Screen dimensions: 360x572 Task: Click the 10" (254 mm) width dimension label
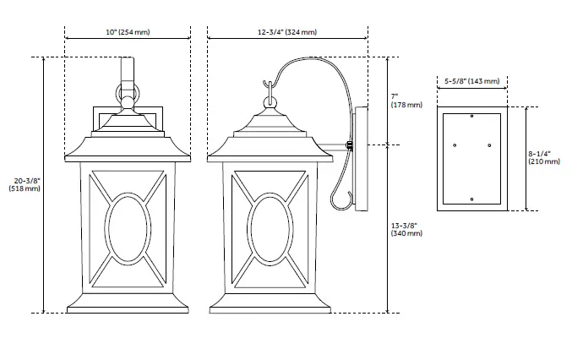(x=128, y=32)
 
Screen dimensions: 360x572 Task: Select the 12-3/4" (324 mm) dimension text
(x=287, y=32)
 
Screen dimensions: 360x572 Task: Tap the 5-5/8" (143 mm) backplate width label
(x=471, y=81)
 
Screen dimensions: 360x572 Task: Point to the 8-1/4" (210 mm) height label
(x=541, y=157)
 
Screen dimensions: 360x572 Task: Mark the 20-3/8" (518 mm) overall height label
(x=27, y=184)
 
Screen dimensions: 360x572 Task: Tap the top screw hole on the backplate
(x=471, y=114)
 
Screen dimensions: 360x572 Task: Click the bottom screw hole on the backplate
(x=471, y=200)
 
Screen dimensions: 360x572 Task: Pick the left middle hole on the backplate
(x=455, y=145)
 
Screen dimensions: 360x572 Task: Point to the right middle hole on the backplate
(x=488, y=145)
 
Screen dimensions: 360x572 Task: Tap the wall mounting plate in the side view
(x=362, y=159)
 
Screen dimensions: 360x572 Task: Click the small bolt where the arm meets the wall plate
(x=348, y=146)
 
